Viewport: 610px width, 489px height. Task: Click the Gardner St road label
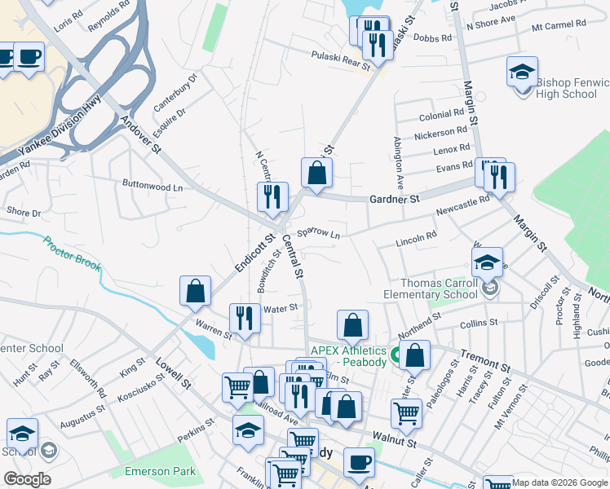(x=394, y=199)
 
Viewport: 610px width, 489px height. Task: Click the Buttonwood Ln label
(x=152, y=186)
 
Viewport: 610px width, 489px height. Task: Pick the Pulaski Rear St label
(x=339, y=56)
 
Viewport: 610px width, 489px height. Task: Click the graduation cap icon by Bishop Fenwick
(x=522, y=72)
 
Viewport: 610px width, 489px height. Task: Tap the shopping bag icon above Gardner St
(x=316, y=173)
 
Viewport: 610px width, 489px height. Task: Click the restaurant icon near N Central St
(x=272, y=196)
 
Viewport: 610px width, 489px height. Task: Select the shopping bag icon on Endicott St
(x=196, y=291)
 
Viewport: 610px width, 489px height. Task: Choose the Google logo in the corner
(x=26, y=479)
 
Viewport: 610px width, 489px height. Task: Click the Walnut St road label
(x=395, y=443)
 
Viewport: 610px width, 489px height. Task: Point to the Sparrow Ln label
(x=318, y=233)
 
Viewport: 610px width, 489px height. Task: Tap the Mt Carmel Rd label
(x=559, y=24)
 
